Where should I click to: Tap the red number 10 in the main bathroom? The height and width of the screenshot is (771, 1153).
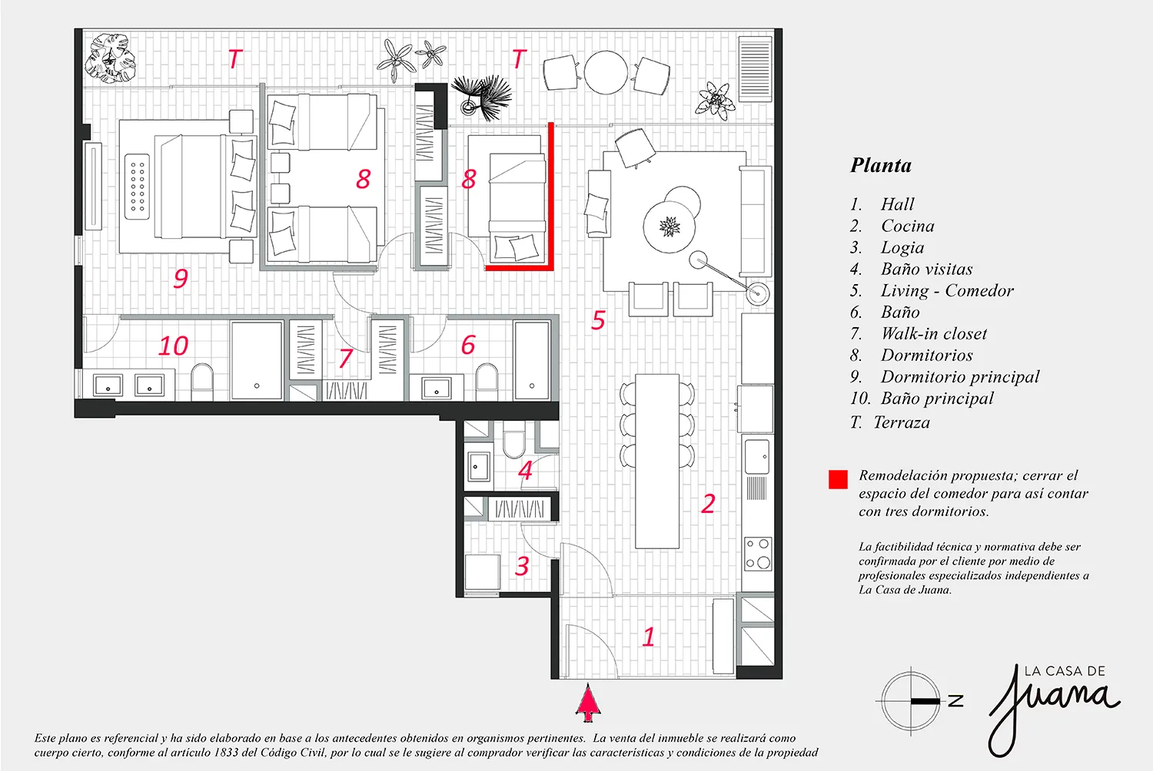coord(174,346)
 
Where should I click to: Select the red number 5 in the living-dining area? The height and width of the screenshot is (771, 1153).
coord(597,320)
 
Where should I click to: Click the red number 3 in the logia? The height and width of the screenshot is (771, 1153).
coord(522,566)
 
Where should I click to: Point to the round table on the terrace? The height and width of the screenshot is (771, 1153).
coord(606,72)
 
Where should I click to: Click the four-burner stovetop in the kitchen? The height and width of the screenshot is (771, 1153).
coord(758,554)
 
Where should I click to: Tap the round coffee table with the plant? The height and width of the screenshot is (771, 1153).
coord(669,227)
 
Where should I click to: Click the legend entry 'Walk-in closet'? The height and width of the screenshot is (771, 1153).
coord(934,334)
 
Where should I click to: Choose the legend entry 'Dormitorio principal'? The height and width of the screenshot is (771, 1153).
coord(960,377)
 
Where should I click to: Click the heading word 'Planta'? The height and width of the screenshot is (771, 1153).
coord(881,165)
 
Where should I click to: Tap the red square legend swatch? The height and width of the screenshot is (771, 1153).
coord(838,479)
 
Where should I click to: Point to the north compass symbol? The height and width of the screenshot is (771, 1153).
coord(911,700)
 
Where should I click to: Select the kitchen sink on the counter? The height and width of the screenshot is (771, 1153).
coord(757,456)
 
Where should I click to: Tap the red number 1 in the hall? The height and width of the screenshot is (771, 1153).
coord(649,637)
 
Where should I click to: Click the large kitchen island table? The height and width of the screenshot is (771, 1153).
coord(657,461)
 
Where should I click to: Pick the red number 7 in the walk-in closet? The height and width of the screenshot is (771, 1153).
coord(346,359)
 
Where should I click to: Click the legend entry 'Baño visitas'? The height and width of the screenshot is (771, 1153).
coord(926,269)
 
